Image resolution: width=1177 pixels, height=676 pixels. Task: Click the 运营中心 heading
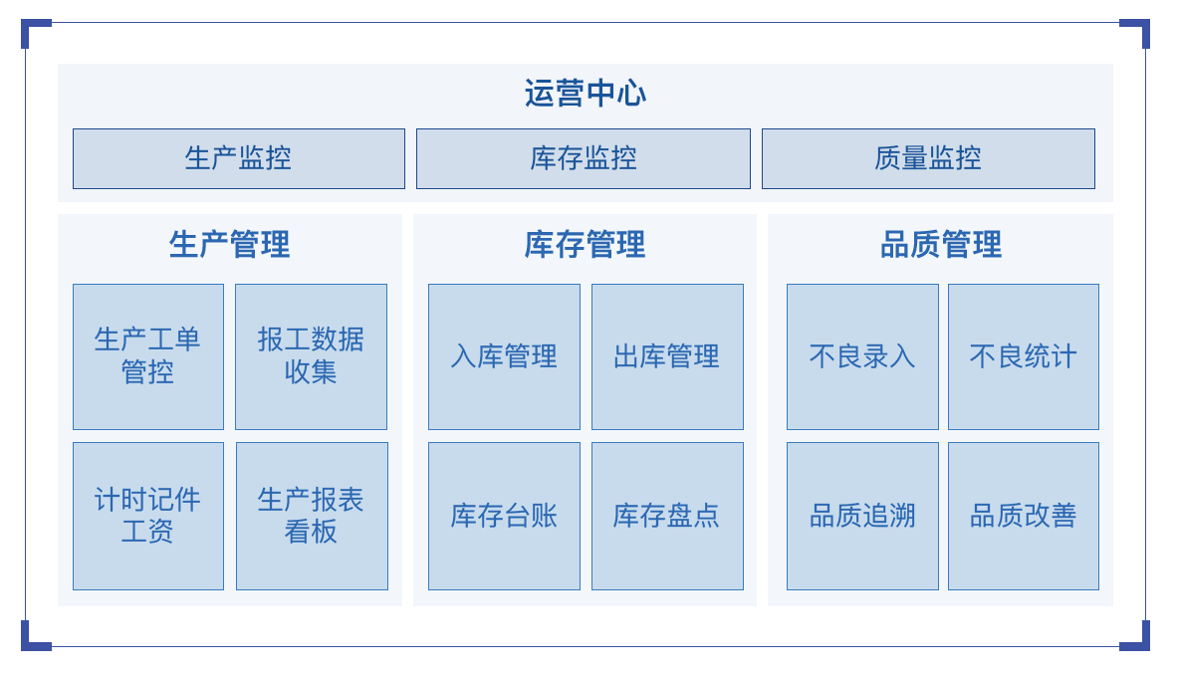(585, 93)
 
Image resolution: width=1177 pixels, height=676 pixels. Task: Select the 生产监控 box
(239, 158)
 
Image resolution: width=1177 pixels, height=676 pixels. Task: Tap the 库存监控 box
(584, 158)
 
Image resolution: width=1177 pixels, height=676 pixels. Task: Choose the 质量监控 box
(928, 158)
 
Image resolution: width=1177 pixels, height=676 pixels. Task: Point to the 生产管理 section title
(230, 245)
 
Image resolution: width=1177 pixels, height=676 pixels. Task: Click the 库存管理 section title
(585, 245)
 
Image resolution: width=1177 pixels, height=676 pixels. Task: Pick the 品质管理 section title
(941, 245)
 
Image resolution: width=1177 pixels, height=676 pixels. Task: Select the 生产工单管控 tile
(148, 356)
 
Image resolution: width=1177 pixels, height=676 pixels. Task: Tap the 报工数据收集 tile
(311, 356)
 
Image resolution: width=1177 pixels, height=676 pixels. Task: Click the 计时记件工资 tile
(148, 516)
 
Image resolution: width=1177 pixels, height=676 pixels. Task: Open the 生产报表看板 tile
(312, 516)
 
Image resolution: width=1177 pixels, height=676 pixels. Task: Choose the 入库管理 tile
(504, 356)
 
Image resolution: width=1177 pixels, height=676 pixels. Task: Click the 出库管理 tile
(667, 356)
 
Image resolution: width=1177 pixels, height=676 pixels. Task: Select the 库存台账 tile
(504, 516)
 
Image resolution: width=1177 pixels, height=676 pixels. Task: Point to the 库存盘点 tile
(667, 516)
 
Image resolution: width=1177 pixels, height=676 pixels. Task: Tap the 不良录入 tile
(862, 356)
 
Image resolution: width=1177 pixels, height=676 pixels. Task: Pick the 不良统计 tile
(1023, 356)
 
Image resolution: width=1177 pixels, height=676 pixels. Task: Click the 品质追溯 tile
(862, 516)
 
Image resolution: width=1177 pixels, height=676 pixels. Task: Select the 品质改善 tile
(1023, 516)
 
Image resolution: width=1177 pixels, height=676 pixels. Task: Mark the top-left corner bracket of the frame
(26, 24)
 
